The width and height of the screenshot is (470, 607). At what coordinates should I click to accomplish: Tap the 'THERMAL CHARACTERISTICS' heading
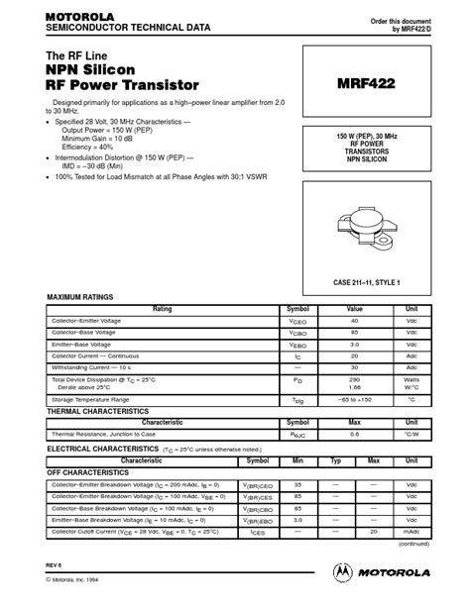(x=98, y=410)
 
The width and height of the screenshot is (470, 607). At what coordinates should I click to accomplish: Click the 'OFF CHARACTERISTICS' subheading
(x=88, y=472)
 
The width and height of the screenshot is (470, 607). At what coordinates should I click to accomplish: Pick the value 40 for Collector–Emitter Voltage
(x=354, y=321)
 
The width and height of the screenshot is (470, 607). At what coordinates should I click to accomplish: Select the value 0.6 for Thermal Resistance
(x=354, y=434)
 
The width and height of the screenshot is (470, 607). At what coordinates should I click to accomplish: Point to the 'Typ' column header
(x=335, y=460)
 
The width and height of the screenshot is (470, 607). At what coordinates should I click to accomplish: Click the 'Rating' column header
(x=161, y=309)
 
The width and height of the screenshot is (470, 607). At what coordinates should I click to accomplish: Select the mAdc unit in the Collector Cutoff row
(x=411, y=532)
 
